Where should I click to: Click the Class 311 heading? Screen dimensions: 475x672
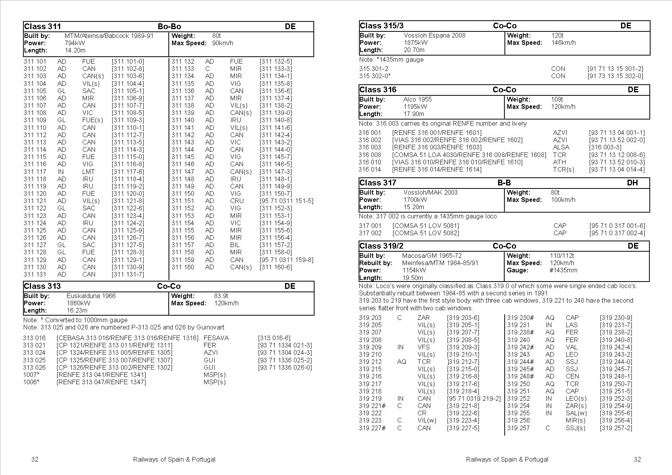click(43, 26)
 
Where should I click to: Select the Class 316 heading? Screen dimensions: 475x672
click(378, 90)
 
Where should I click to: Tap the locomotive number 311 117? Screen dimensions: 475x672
click(35, 172)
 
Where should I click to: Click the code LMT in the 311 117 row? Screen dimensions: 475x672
click(89, 172)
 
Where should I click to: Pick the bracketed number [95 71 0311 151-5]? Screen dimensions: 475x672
click(286, 201)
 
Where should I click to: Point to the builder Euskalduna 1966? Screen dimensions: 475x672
click(91, 296)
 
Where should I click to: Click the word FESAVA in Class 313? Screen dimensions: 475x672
click(216, 338)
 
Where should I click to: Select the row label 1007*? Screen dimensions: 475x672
click(31, 375)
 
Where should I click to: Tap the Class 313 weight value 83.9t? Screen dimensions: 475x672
click(221, 296)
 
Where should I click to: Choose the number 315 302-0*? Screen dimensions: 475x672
click(375, 76)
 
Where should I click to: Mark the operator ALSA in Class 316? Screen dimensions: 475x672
click(561, 147)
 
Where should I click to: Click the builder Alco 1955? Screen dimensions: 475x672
click(417, 99)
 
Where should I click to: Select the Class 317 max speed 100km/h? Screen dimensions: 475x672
click(563, 200)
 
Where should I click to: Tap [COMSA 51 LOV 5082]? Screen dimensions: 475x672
click(425, 233)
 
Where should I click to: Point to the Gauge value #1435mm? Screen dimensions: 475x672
click(563, 270)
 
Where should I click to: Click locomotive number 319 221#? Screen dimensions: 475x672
click(372, 406)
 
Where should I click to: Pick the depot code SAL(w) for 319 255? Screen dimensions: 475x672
click(576, 413)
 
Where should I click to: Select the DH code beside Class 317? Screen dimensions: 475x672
click(632, 183)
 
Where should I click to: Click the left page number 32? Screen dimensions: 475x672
click(34, 459)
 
